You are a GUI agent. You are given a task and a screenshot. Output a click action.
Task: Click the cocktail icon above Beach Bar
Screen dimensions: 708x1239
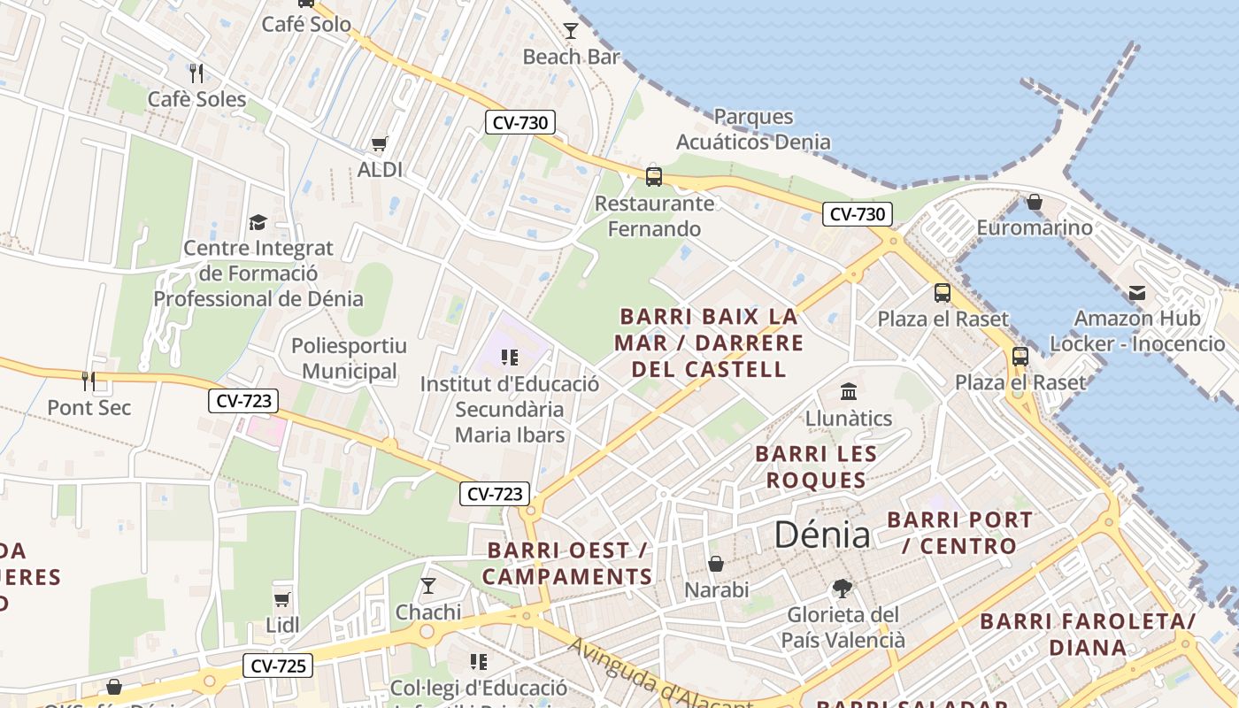coord(571,31)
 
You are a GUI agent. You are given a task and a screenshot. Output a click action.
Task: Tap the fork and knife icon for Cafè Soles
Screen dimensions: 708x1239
coord(196,73)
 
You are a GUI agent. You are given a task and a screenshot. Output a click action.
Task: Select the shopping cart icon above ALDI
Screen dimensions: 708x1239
coord(380,143)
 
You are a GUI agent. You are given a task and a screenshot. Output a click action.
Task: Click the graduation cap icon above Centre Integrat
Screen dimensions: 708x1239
coord(258,222)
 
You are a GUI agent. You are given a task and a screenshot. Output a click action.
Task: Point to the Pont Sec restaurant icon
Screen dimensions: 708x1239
coord(88,381)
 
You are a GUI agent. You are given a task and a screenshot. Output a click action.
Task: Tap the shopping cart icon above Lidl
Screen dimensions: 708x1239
coord(282,599)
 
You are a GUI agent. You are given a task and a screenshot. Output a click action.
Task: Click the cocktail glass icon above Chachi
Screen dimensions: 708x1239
coord(428,585)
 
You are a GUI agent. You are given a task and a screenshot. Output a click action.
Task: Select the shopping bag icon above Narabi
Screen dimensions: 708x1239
coord(716,564)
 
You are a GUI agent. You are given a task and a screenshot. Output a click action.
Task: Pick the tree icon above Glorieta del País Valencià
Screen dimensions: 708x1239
coord(843,589)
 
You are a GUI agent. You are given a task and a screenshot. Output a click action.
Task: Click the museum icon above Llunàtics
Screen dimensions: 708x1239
coord(849,391)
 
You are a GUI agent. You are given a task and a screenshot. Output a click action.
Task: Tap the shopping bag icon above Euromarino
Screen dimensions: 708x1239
coord(1034,203)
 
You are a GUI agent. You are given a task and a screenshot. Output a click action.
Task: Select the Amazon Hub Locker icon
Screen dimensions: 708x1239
coord(1137,293)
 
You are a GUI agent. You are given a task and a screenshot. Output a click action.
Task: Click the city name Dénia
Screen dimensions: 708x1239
coord(822,535)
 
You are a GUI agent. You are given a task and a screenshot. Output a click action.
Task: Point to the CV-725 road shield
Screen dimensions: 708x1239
coord(278,666)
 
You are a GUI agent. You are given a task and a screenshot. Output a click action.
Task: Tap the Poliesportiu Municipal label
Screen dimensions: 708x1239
coord(350,358)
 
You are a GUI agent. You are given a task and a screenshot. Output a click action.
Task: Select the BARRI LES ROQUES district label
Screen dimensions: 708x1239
coord(816,467)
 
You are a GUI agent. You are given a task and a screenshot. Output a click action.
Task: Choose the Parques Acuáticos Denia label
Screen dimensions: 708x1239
coord(753,129)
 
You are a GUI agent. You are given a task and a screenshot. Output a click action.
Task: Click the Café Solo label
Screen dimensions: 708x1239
coord(306,24)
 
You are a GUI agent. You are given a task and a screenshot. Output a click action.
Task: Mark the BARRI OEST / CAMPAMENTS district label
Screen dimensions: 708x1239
coord(568,564)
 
